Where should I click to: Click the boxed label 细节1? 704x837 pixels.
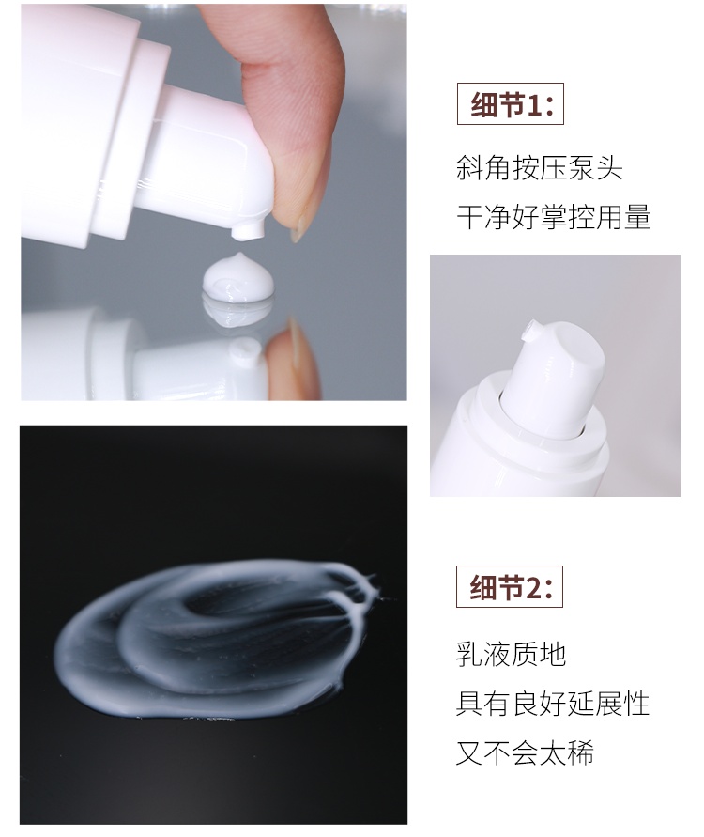(x=510, y=103)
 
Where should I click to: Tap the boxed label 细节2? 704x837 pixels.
(x=510, y=586)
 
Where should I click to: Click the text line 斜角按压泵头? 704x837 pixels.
(x=539, y=168)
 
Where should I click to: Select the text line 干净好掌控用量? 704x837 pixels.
(x=554, y=217)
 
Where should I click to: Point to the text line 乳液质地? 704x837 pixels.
(x=511, y=654)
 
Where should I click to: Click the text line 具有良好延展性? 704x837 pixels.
(x=553, y=703)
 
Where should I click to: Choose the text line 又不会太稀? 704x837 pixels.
(x=525, y=752)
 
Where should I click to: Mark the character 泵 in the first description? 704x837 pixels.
(x=581, y=168)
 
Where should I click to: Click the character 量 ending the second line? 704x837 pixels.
(x=638, y=217)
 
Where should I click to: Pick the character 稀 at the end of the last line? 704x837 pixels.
(x=580, y=752)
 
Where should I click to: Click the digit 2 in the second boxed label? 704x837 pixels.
(x=535, y=587)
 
